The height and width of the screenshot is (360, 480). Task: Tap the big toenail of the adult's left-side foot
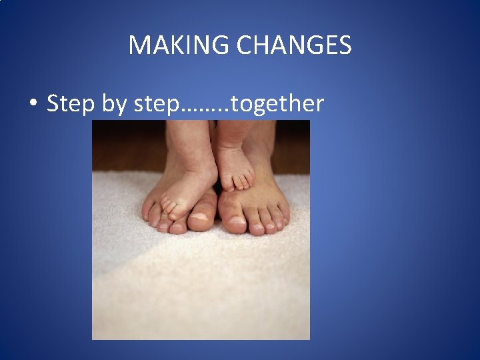[200, 217]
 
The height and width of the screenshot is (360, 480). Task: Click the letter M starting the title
[137, 45]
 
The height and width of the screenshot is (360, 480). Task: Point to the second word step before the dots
[156, 105]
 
